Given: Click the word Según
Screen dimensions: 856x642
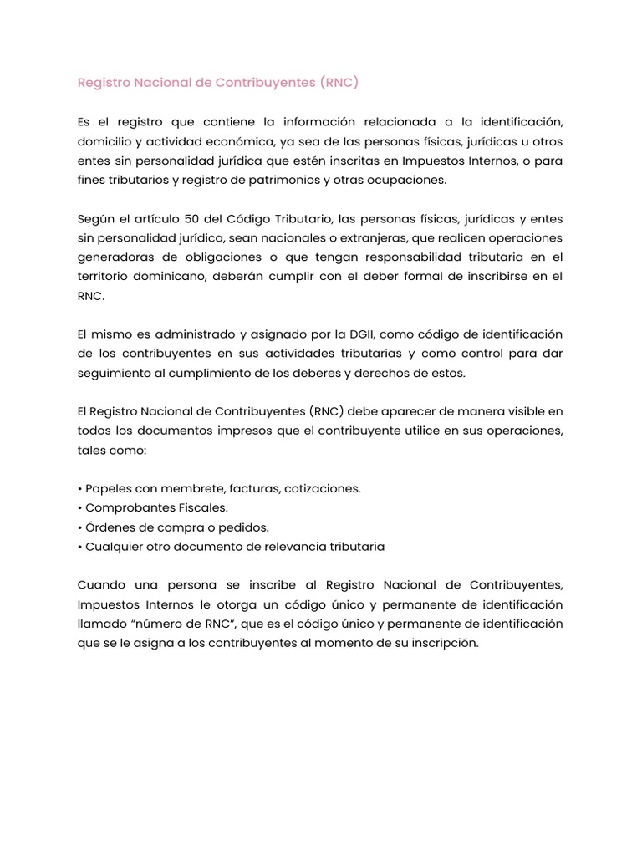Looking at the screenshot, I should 94,219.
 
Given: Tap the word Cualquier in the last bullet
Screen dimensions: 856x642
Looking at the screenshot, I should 115,546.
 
